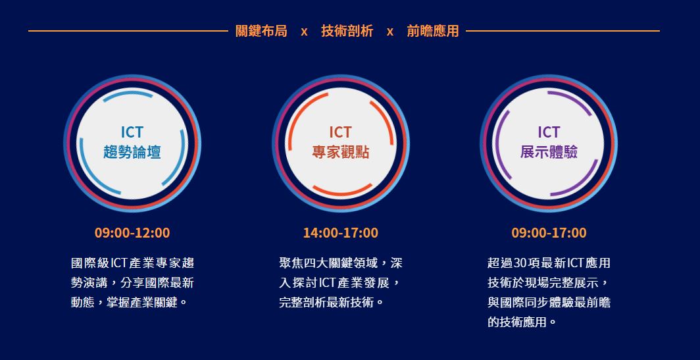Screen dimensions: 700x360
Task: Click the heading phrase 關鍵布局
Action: tap(261, 31)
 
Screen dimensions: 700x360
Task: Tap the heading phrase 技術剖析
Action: tap(347, 31)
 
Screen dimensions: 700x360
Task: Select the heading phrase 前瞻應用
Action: tap(433, 31)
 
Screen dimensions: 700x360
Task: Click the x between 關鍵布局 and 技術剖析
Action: tap(304, 32)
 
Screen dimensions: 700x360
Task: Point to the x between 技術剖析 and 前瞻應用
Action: tap(390, 32)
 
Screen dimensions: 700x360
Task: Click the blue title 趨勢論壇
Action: tap(132, 152)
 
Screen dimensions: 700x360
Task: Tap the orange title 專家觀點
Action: tap(341, 152)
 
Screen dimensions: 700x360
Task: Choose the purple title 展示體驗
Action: tap(549, 152)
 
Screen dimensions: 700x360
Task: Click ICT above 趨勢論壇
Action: tap(132, 132)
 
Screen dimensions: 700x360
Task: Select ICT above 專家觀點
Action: tap(341, 132)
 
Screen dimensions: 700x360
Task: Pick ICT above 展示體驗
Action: tap(549, 132)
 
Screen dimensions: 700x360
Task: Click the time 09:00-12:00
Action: tap(132, 233)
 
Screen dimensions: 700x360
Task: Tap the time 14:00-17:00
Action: tap(341, 233)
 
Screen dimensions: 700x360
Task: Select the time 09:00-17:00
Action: tap(549, 233)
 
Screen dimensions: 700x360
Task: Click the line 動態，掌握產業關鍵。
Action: tap(129, 302)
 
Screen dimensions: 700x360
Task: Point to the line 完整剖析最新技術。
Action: tap(332, 302)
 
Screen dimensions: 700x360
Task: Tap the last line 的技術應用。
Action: tap(522, 322)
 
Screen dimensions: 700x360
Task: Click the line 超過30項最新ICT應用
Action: tap(549, 263)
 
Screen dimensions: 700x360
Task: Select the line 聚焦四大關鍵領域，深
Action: tap(341, 263)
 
